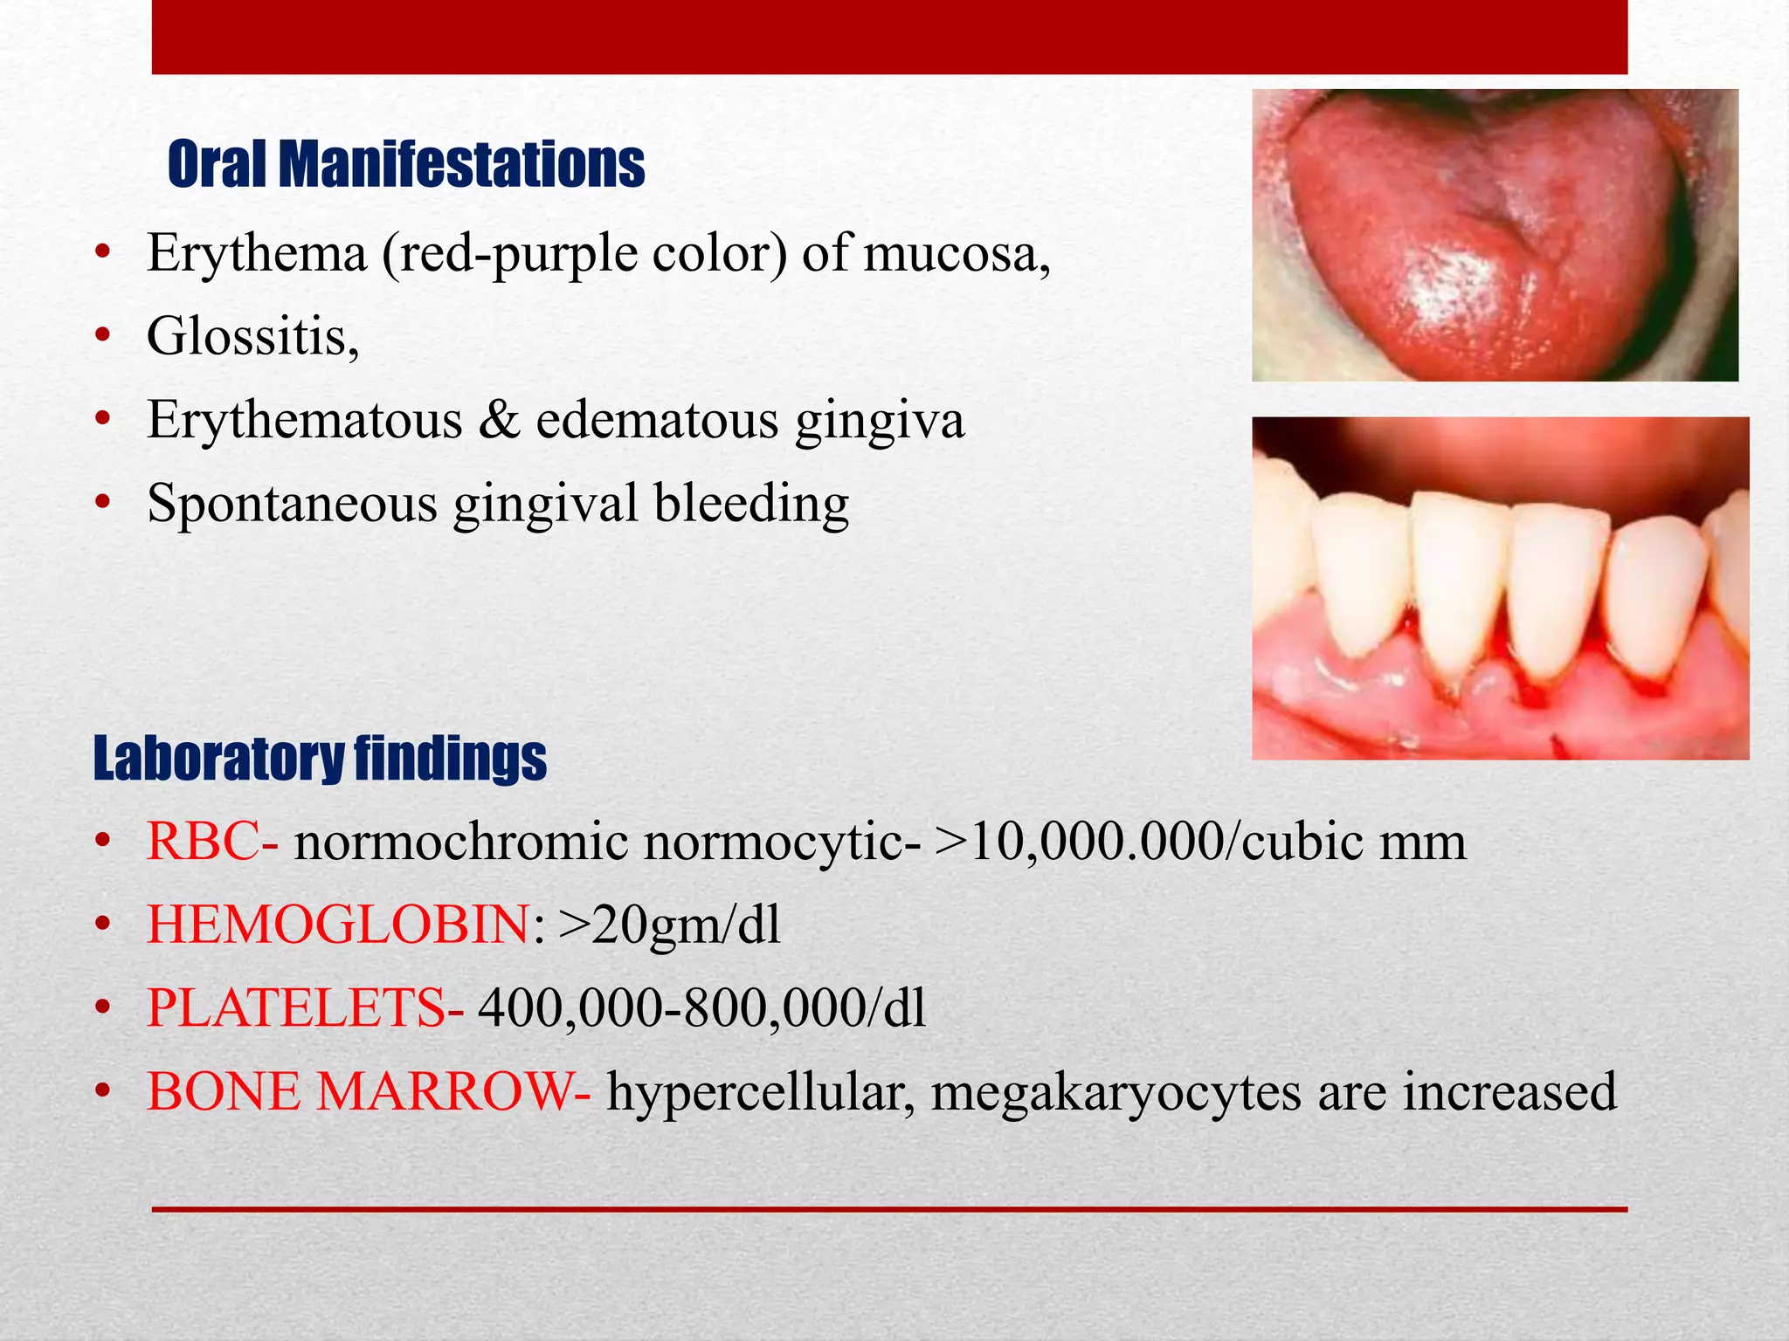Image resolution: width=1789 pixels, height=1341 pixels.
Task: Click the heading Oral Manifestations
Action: [406, 164]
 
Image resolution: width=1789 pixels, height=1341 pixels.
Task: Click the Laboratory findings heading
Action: [320, 758]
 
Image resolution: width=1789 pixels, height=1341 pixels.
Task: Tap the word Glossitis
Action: [252, 335]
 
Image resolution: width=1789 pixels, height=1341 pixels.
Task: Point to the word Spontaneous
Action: [292, 504]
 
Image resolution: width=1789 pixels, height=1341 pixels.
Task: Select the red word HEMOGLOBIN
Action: [338, 925]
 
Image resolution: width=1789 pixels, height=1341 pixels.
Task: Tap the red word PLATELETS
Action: [296, 1007]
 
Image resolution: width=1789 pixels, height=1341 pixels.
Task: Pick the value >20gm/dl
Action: [669, 925]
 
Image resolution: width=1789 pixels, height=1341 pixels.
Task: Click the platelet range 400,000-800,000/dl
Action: [701, 1007]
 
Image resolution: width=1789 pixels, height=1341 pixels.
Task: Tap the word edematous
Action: [656, 420]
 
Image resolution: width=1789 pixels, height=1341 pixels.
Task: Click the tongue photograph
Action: [1495, 235]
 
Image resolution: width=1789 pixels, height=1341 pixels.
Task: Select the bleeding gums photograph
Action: [1500, 588]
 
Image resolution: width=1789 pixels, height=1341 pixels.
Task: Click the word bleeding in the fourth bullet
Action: [751, 504]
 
